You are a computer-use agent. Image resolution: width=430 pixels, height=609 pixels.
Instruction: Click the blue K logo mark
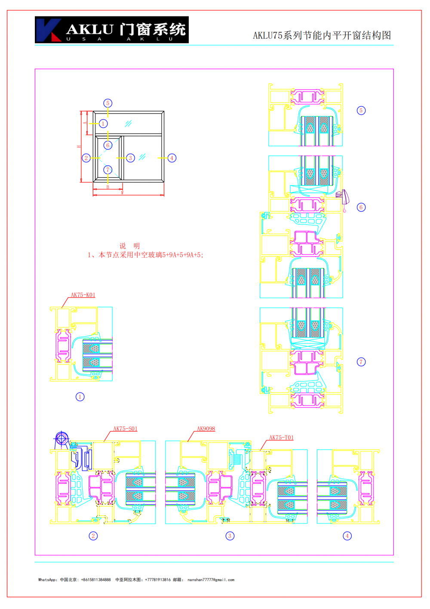pyautogui.click(x=48, y=30)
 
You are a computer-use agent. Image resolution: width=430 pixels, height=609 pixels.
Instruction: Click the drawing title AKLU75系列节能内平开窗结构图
pyautogui.click(x=322, y=35)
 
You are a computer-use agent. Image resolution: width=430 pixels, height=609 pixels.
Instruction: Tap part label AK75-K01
pyautogui.click(x=83, y=295)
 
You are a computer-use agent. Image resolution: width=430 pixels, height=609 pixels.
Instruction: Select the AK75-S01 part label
pyautogui.click(x=125, y=429)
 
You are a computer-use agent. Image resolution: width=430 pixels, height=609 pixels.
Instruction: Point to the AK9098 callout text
pyautogui.click(x=206, y=429)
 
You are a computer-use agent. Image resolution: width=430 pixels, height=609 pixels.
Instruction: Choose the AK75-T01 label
pyautogui.click(x=281, y=437)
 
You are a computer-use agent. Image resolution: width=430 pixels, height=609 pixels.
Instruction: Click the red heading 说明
pyautogui.click(x=129, y=246)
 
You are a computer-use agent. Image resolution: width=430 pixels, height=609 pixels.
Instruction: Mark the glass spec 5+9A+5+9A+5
pyautogui.click(x=182, y=255)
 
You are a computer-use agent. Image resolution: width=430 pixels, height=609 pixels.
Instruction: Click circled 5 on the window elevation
pyautogui.click(x=108, y=103)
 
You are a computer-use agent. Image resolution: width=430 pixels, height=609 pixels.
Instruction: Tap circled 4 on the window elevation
pyautogui.click(x=172, y=158)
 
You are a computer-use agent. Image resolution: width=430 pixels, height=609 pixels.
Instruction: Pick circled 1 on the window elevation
pyautogui.click(x=103, y=124)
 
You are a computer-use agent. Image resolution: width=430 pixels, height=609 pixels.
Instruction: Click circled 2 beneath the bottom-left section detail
pyautogui.click(x=93, y=536)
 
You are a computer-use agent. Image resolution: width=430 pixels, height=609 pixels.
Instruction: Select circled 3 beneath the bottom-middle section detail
pyautogui.click(x=230, y=536)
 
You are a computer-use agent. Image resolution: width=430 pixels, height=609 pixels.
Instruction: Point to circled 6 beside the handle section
pyautogui.click(x=361, y=207)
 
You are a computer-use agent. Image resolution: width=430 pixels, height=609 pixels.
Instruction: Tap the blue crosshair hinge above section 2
pyautogui.click(x=61, y=439)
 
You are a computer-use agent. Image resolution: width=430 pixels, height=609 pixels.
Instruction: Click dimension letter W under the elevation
pyautogui.click(x=122, y=193)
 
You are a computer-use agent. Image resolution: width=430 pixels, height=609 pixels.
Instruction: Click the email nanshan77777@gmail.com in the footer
pyautogui.click(x=211, y=580)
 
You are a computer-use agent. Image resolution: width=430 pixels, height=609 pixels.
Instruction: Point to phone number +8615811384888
pyautogui.click(x=96, y=580)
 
